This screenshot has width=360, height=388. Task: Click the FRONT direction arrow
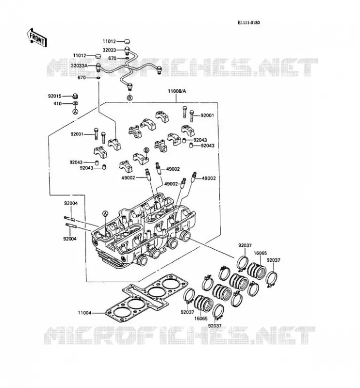37,37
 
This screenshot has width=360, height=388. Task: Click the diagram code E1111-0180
248,23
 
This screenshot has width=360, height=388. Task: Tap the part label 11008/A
177,91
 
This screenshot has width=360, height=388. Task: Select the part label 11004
85,313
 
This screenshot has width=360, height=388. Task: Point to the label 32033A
79,66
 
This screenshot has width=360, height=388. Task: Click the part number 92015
55,96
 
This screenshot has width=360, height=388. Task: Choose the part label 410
57,103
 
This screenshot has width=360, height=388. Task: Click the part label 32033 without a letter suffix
109,50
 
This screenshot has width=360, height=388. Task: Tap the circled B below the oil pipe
130,98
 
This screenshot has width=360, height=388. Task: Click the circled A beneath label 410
75,112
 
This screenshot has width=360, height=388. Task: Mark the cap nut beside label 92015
75,96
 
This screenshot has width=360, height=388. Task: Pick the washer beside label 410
75,103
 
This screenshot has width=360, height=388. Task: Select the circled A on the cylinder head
105,213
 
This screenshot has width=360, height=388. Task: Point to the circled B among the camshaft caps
147,150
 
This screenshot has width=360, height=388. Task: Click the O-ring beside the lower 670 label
98,78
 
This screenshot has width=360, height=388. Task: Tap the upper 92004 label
71,203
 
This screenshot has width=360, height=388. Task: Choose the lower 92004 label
70,239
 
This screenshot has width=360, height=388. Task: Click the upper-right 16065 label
260,253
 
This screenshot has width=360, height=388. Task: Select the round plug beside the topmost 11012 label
126,41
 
